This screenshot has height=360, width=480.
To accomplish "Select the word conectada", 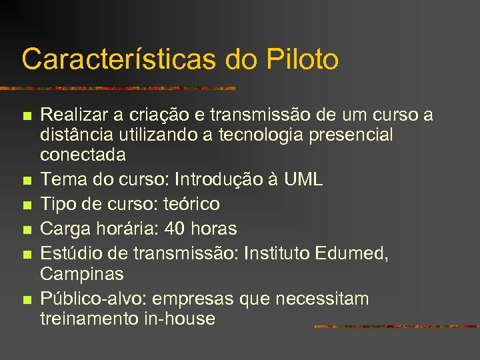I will coord(83,155).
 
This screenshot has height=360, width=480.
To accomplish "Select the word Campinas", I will coord(82,273).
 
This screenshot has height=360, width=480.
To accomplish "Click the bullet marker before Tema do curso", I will coord(27,181).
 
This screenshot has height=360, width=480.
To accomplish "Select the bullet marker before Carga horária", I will coord(27,230).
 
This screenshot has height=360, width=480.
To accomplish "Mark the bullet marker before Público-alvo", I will coord(27,300).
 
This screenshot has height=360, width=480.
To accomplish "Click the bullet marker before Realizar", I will coord(27,117).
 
